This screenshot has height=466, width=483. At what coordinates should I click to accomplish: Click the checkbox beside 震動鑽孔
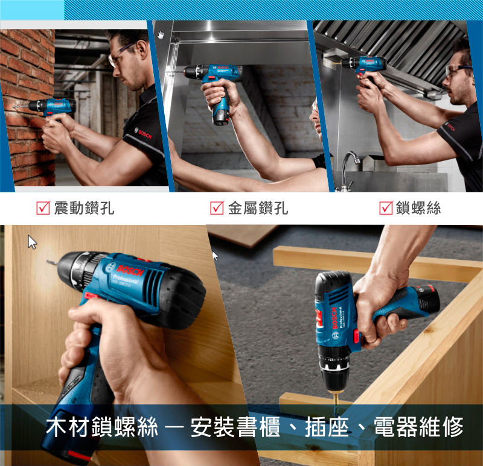[43, 207]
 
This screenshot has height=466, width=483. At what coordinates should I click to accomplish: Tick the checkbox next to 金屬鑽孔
[217, 207]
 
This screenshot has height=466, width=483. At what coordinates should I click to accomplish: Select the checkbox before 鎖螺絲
[386, 207]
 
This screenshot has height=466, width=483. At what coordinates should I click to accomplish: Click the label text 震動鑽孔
[84, 208]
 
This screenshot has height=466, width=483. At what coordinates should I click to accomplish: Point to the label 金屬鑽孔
[258, 208]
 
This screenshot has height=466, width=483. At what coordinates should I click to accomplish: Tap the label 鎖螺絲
[418, 208]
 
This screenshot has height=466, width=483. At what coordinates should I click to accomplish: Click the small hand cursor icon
[161, 35]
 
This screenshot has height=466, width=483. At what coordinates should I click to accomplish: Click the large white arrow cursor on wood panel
[32, 242]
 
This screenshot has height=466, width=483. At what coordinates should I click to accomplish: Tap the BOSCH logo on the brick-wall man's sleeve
[143, 133]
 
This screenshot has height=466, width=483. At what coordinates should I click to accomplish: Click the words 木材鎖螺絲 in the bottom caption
[101, 427]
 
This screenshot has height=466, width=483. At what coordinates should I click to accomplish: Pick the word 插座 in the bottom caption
[327, 427]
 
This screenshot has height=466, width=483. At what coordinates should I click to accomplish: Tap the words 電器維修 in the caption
[418, 427]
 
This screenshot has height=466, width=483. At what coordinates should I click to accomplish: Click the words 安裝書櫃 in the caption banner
[235, 427]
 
